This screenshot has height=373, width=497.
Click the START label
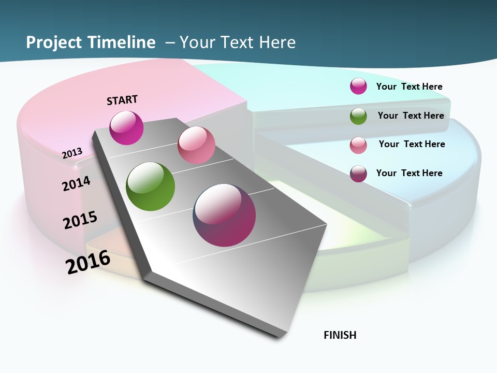point(122,100)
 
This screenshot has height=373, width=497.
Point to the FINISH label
point(340,335)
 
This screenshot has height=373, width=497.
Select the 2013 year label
point(72,153)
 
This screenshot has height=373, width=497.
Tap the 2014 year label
point(77,183)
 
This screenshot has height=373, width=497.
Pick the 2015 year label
point(80,220)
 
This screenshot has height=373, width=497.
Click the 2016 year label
point(88,262)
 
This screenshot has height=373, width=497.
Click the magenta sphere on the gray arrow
point(126,127)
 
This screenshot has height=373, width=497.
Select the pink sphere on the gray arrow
point(196,145)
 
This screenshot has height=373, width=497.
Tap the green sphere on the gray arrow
point(150,187)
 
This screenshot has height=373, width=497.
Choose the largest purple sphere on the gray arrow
point(224,214)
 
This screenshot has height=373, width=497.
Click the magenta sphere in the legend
point(358,86)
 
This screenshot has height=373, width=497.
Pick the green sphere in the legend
point(358,116)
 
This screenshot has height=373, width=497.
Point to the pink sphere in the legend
point(358,145)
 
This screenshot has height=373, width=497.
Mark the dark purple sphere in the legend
point(358,174)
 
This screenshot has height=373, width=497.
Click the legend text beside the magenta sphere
point(409,87)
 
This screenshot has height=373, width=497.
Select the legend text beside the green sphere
point(411,116)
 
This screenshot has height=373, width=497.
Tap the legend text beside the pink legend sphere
point(412,144)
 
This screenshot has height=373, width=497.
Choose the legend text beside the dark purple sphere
point(409,173)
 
